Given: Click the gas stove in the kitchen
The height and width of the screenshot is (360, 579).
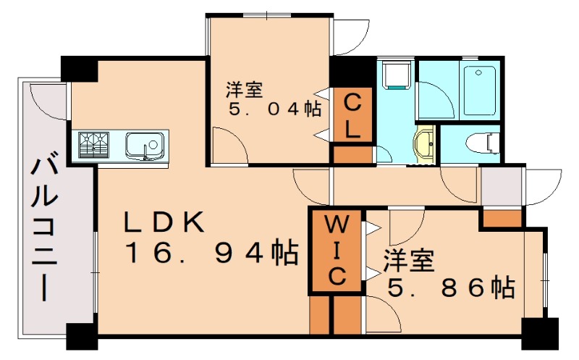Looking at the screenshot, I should point(93,144).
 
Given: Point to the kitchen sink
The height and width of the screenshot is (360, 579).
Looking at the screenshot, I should point(145,145).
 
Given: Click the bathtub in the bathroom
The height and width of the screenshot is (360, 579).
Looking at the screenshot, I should point(478,91).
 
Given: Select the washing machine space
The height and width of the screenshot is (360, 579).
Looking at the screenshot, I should point(395,75).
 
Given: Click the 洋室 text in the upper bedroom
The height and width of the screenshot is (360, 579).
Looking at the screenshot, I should point(244,90).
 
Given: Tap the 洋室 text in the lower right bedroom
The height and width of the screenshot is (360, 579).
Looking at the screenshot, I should point(409,260).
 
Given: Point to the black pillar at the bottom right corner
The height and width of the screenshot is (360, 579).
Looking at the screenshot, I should point(539,334).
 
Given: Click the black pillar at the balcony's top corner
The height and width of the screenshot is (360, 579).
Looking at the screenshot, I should point(79,69).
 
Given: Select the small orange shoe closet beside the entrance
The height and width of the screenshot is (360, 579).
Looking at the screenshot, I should point(502,217).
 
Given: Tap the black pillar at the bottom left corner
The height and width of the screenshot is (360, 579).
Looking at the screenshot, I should point(82,336).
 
